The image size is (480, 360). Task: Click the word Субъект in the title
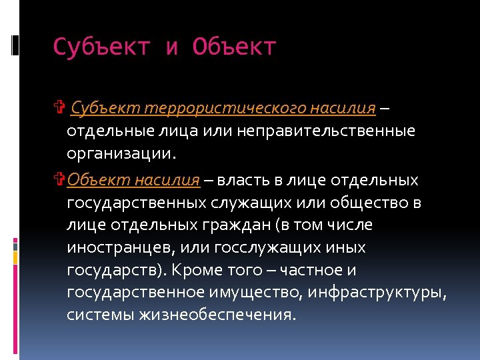pos(101,47)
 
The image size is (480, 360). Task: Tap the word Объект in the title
pos(234,47)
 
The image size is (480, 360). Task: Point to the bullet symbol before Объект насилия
pos(59,180)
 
